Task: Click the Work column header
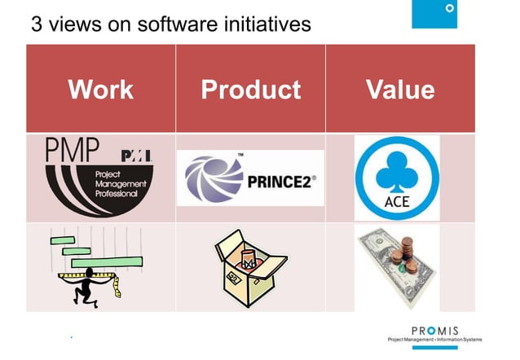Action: coord(100,89)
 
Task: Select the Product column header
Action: coord(250,89)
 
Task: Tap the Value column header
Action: coord(399,89)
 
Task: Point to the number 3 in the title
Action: coord(37,24)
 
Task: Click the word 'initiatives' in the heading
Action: coord(267,24)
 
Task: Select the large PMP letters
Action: coord(73,151)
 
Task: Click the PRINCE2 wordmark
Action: coord(280,180)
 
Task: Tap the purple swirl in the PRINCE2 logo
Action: coord(214,178)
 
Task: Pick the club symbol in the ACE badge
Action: coord(396,170)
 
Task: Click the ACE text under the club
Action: coord(396,201)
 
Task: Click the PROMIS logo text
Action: coord(439,330)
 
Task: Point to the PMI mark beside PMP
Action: coord(135,156)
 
